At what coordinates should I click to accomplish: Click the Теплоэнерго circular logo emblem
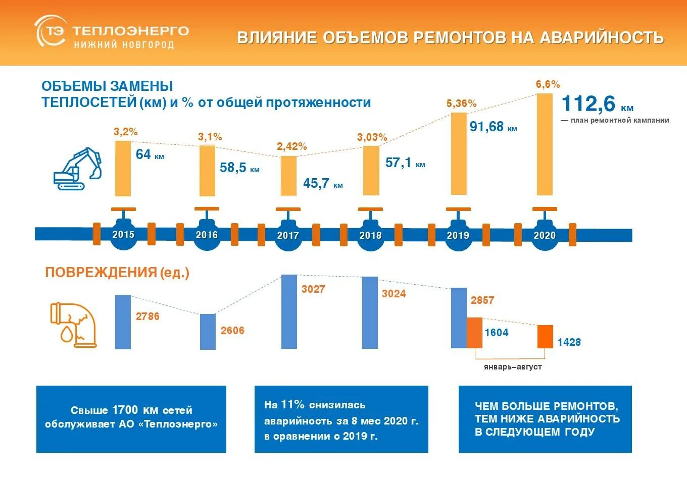coord(50,32)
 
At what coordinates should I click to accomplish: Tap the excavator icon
coord(78,169)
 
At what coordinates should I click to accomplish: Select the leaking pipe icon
coord(74,325)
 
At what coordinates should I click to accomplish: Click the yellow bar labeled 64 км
coord(123,169)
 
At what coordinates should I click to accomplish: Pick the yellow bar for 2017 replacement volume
coord(288,176)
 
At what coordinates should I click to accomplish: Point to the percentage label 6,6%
coord(548,84)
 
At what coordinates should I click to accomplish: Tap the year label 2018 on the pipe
coord(370,235)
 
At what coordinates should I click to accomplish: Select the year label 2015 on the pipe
coord(123,235)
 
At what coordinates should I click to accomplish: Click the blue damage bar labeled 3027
coord(289,311)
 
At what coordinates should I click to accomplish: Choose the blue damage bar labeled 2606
coord(208,332)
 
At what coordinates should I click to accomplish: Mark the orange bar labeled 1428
coord(545,336)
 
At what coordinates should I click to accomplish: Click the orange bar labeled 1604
coord(474,333)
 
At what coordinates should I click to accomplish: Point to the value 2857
coord(482,300)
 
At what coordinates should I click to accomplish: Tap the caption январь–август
coord(512,367)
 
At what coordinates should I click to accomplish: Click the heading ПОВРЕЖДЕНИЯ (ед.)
coord(117,273)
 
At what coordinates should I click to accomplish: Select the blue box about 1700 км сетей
coord(131,419)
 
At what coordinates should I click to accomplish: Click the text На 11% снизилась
coord(315,405)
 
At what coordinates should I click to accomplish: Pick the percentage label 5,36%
coord(461,103)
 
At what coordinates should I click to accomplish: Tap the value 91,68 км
coord(493,127)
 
